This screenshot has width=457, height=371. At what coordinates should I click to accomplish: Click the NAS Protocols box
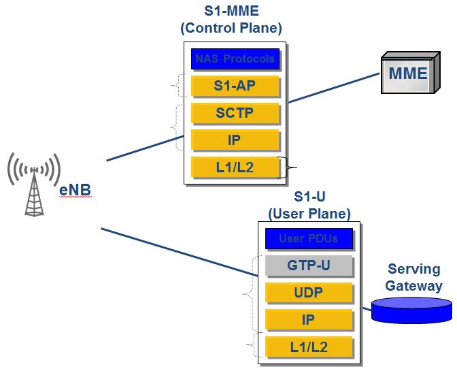click(235, 59)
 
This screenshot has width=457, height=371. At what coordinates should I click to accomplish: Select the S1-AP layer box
click(235, 86)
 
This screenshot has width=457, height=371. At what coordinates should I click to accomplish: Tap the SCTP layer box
click(235, 113)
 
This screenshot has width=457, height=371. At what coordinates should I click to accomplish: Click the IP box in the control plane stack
click(235, 140)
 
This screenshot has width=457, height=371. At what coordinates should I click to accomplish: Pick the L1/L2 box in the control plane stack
click(235, 167)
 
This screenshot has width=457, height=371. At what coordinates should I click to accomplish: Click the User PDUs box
click(309, 238)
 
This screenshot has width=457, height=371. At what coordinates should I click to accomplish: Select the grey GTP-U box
click(309, 265)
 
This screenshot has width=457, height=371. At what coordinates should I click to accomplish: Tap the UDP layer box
click(309, 292)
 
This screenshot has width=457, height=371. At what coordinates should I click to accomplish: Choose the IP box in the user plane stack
click(309, 319)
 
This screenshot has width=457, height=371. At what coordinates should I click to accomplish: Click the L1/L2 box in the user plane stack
click(309, 346)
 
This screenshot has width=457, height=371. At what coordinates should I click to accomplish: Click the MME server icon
click(407, 73)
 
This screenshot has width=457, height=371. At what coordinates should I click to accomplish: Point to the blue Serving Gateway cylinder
click(411, 310)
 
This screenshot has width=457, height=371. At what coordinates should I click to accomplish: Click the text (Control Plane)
click(231, 28)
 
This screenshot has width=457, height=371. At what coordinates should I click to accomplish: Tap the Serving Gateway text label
click(413, 278)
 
